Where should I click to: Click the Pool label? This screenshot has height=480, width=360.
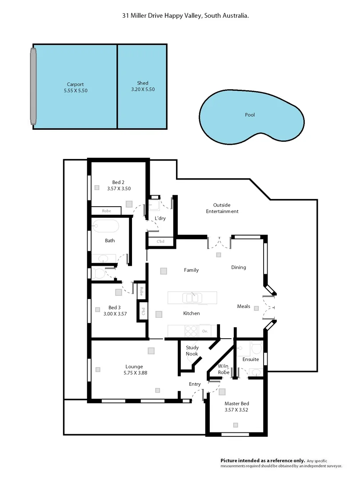[x=250, y=115]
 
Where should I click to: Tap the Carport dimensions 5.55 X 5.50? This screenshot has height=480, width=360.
[x=75, y=90]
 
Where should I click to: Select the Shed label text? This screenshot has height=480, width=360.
[x=143, y=83]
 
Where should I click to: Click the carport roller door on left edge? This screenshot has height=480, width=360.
[x=33, y=86]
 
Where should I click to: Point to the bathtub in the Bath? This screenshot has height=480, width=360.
[x=106, y=226]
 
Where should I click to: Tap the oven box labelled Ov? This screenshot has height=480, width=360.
[x=205, y=331]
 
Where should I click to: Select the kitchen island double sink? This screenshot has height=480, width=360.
[x=192, y=297]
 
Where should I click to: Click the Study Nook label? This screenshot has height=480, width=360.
[x=192, y=351]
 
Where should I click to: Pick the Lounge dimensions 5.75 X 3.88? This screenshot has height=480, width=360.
[x=136, y=373]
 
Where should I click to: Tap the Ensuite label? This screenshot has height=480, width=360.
[x=250, y=359]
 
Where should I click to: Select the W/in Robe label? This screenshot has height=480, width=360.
[x=224, y=369]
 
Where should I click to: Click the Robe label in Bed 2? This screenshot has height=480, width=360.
[x=106, y=211]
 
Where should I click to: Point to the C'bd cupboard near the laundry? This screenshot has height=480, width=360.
[x=160, y=242]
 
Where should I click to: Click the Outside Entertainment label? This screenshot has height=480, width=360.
[x=222, y=208]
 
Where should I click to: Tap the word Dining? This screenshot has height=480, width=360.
[x=239, y=268]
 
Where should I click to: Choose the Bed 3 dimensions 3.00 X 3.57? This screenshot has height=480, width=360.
[x=115, y=314]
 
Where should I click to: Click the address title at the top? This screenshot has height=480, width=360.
[x=185, y=15]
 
